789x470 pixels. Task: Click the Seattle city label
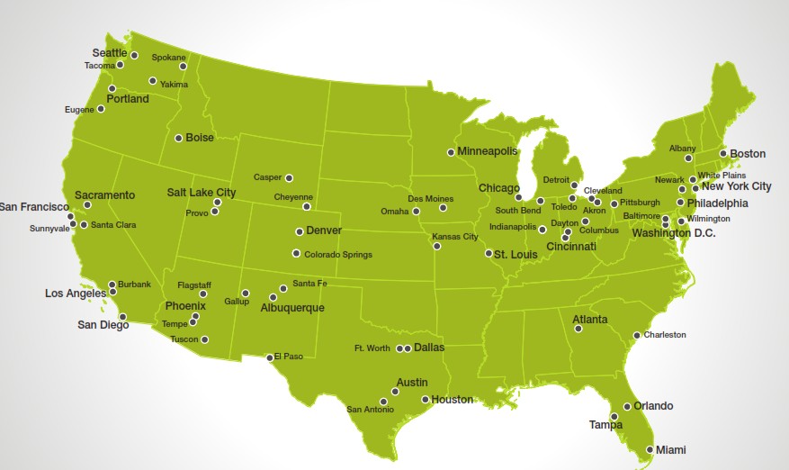110,53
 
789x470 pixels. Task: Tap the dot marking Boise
178,138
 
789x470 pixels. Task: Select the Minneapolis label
488,151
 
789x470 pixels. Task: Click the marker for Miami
650,449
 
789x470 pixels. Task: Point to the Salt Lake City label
202,193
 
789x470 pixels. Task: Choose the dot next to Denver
299,231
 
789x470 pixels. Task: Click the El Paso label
291,356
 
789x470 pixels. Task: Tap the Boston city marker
722,153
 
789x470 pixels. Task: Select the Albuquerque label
291,308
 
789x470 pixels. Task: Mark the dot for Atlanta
578,329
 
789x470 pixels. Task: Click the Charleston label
664,335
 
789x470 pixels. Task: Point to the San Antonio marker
383,402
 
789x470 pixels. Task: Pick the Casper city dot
289,177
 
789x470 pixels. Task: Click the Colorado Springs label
337,254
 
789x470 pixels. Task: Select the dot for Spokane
183,66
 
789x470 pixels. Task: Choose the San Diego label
103,325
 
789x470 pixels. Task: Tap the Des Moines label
429,198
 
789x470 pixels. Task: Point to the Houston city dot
425,399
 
